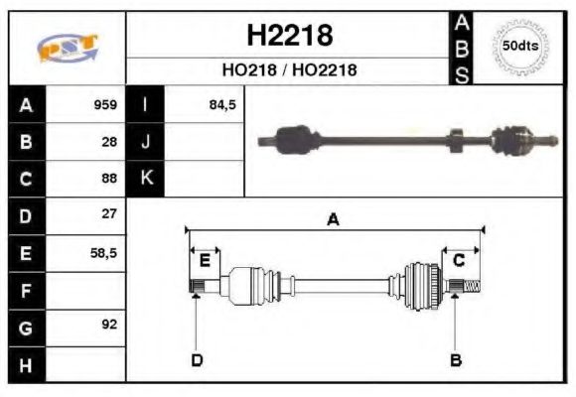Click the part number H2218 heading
(x=288, y=36)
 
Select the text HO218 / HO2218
(x=288, y=70)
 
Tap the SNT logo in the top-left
(x=67, y=48)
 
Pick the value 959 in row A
(x=105, y=104)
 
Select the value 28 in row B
(x=109, y=141)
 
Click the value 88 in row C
(x=109, y=179)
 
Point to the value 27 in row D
(x=109, y=214)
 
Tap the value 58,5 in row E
(x=103, y=252)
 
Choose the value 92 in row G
(x=109, y=325)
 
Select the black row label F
(x=26, y=290)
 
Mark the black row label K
(x=146, y=179)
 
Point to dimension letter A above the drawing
(x=334, y=219)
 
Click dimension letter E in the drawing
(x=205, y=261)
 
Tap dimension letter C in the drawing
(x=459, y=260)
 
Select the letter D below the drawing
(x=197, y=359)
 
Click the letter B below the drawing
(x=455, y=359)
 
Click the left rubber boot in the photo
(x=293, y=138)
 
